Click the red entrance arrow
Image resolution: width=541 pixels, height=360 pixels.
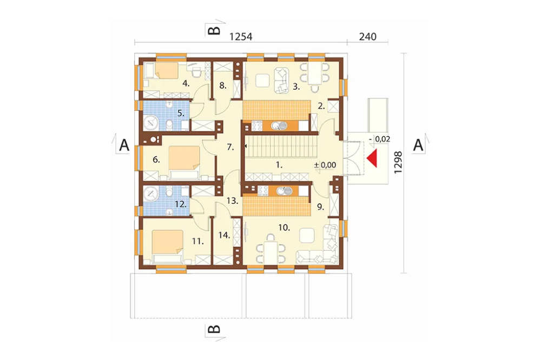click(373, 158)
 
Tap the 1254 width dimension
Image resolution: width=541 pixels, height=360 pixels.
click(241, 37)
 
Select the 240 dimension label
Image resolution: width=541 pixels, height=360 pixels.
click(368, 37)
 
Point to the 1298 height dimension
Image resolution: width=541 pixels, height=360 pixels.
click(398, 162)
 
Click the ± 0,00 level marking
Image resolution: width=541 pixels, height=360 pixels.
click(325, 165)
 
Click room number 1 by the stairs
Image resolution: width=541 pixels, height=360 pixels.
click(279, 165)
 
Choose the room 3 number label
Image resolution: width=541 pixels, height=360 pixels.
click(296, 86)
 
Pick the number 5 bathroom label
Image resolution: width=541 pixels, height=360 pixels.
click(181, 113)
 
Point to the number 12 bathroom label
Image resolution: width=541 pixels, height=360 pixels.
click(181, 204)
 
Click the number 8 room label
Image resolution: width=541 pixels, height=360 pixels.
click(223, 85)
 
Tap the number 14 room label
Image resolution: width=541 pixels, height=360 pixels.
click(225, 235)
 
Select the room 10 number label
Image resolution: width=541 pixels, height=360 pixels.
click(284, 228)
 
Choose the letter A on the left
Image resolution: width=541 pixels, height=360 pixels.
click(124, 145)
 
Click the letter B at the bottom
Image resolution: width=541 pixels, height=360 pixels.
click(214, 329)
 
